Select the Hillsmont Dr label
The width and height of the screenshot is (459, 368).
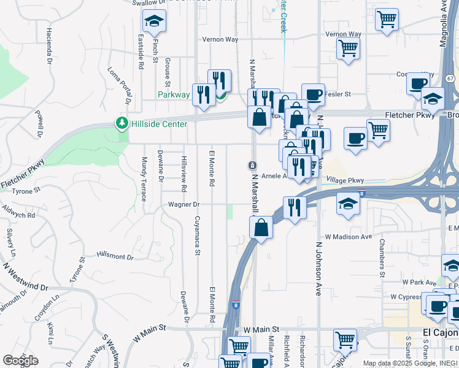pyautogui.click(x=115, y=257)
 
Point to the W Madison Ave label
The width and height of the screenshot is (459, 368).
pyautogui.click(x=349, y=236)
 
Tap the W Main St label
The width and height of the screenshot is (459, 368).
pyautogui.click(x=261, y=329)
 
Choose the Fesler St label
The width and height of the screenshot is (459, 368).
pyautogui.click(x=337, y=94)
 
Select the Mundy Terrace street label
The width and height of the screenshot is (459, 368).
pyautogui.click(x=145, y=179)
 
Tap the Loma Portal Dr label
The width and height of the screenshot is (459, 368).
pyautogui.click(x=122, y=88)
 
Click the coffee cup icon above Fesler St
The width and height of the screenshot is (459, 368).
pyautogui.click(x=313, y=94)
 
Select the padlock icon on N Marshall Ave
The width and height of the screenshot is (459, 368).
pyautogui.click(x=252, y=166)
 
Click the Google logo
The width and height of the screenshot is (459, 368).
pyautogui.click(x=20, y=361)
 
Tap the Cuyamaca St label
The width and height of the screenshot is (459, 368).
pyautogui.click(x=198, y=234)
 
